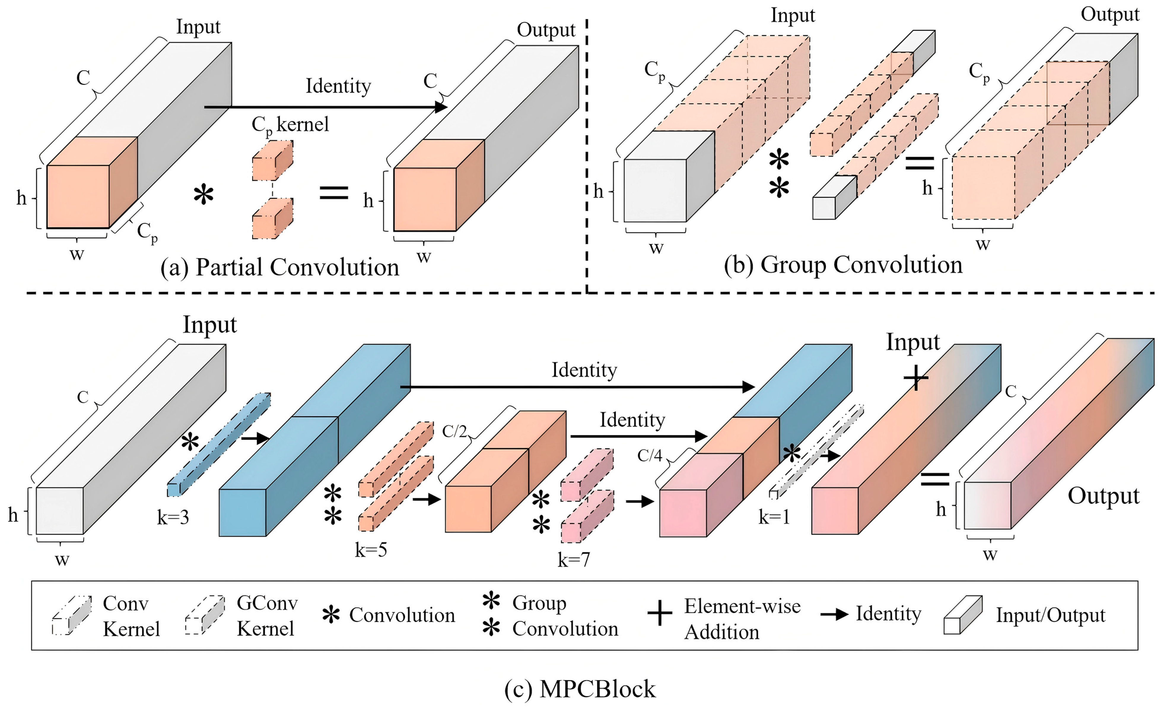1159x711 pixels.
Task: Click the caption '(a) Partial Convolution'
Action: [279, 268]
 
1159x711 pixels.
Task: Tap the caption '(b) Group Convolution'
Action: [843, 265]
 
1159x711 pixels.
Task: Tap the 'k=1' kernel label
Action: [774, 518]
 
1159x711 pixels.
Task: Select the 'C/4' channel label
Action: [650, 456]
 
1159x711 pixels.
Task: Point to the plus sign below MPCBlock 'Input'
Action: [916, 378]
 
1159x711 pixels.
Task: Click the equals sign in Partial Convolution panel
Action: [334, 193]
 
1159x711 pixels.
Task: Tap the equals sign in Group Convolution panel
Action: [920, 163]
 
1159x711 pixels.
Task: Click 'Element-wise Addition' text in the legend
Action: [742, 619]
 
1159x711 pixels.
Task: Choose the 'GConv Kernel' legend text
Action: [267, 616]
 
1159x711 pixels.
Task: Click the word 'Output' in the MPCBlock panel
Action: [1103, 496]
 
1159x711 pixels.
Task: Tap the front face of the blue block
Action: [242, 512]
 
